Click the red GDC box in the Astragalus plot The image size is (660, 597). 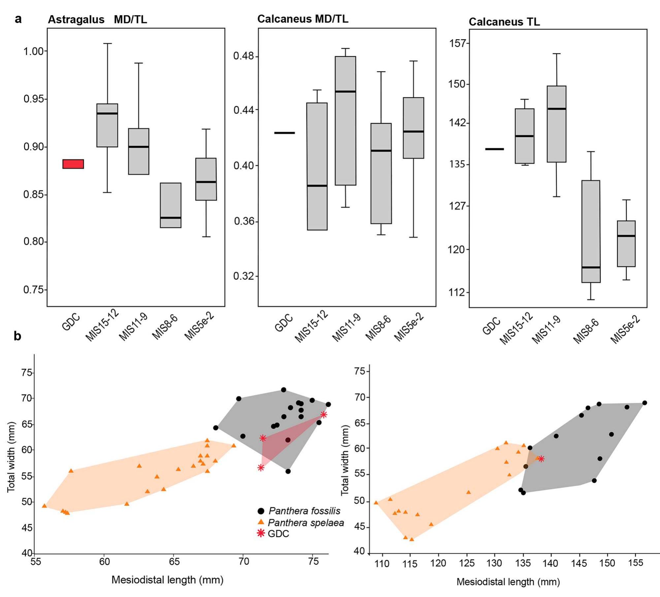pos(73,164)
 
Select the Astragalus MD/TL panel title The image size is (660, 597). pos(97,20)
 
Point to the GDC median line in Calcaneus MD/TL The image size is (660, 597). pos(284,133)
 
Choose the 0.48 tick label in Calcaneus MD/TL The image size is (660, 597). pos(244,56)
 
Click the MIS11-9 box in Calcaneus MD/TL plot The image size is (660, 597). pos(346,121)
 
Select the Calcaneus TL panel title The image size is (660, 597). pos(504,22)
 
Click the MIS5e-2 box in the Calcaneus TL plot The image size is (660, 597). pos(626,243)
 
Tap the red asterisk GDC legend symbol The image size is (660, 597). pos(261,533)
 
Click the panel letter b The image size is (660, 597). pos(17,336)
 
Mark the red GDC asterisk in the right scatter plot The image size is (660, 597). pos(541,458)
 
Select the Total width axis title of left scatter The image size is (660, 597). pos(12,457)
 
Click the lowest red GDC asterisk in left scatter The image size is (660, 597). pos(261,467)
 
